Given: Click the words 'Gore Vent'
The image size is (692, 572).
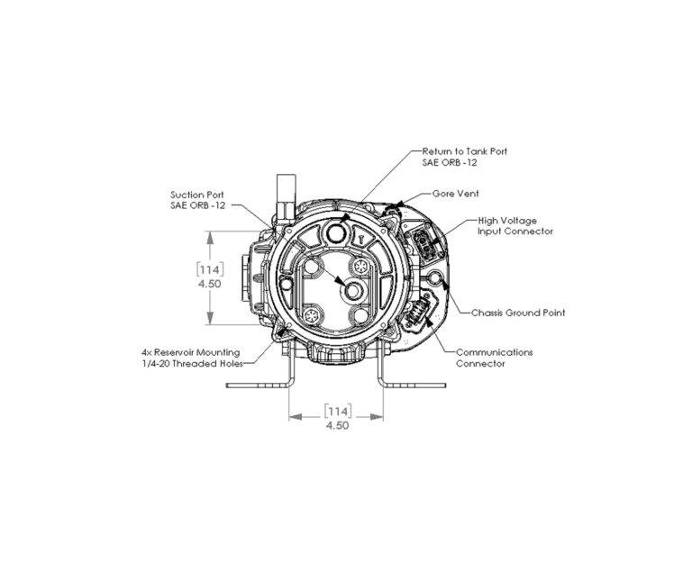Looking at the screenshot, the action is (x=455, y=194).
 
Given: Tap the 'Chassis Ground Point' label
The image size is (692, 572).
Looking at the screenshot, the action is (x=518, y=313).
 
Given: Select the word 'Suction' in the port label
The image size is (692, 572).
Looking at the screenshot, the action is (x=186, y=195).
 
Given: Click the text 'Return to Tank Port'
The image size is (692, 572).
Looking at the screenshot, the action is (x=465, y=151).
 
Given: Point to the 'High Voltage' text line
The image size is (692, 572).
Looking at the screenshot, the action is (x=507, y=221).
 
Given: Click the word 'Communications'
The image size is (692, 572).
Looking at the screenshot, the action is (x=495, y=352).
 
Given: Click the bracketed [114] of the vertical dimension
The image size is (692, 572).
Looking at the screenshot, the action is (x=210, y=269).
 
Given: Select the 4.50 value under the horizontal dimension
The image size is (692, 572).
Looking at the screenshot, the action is (x=337, y=425).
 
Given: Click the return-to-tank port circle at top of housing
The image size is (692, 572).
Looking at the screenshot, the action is (x=337, y=231).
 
